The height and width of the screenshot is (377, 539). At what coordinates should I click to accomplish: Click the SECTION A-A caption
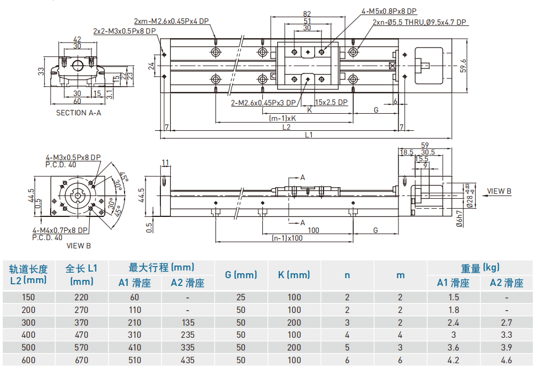(78, 113)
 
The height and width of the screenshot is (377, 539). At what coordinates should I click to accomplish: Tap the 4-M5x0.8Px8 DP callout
(389, 10)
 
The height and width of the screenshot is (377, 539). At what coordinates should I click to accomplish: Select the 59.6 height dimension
(463, 65)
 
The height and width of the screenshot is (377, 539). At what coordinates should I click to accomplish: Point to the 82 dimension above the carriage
(307, 14)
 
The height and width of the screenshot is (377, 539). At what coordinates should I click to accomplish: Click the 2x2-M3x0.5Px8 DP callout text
(125, 31)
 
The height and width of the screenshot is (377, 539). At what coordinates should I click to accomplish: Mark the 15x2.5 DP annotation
(331, 102)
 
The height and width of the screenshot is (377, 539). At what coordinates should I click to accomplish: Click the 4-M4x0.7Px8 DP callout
(60, 230)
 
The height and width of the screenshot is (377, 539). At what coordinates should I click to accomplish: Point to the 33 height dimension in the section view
(41, 71)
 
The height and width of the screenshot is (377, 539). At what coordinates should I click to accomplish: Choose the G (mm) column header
(241, 274)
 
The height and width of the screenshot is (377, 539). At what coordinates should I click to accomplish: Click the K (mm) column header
(294, 274)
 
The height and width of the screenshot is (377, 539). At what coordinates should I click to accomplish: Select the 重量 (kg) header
(480, 267)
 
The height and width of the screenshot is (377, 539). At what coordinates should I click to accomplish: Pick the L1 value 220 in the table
(82, 297)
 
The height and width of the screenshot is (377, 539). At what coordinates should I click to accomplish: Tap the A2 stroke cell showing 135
(187, 322)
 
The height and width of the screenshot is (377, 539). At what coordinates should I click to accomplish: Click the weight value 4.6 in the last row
(506, 360)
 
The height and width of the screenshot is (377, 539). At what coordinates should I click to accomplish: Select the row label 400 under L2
(28, 334)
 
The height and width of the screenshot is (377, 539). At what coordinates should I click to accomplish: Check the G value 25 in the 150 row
(241, 297)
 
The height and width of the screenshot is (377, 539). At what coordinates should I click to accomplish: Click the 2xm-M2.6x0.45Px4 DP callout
(171, 21)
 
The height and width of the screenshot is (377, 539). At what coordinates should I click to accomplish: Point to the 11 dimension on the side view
(165, 162)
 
